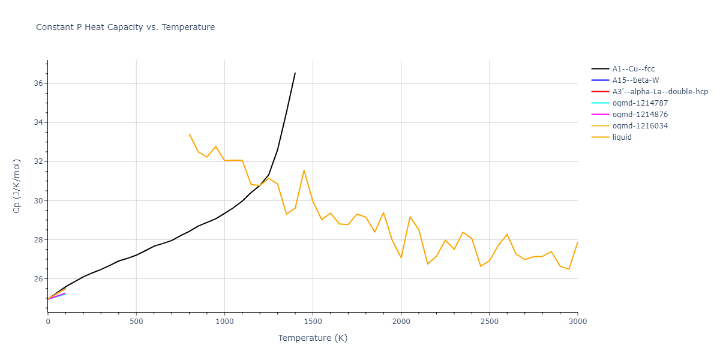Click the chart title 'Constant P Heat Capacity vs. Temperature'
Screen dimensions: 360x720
click(125, 27)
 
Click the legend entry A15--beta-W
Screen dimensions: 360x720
click(637, 80)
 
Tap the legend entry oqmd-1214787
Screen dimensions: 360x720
click(640, 103)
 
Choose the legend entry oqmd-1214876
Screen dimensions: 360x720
click(640, 115)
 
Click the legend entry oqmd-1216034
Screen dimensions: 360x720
click(640, 126)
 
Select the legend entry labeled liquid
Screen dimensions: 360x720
click(622, 137)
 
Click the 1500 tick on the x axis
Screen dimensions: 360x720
click(313, 322)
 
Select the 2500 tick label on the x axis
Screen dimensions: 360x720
click(489, 322)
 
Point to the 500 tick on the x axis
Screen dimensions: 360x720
click(136, 322)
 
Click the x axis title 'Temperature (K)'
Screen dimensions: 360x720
click(313, 338)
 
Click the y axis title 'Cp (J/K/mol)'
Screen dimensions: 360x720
click(16, 186)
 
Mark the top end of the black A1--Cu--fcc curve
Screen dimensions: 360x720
click(295, 73)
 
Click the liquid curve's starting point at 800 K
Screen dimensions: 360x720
click(189, 134)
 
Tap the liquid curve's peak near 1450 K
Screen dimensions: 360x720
click(304, 170)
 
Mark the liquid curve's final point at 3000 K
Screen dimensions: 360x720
click(577, 242)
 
